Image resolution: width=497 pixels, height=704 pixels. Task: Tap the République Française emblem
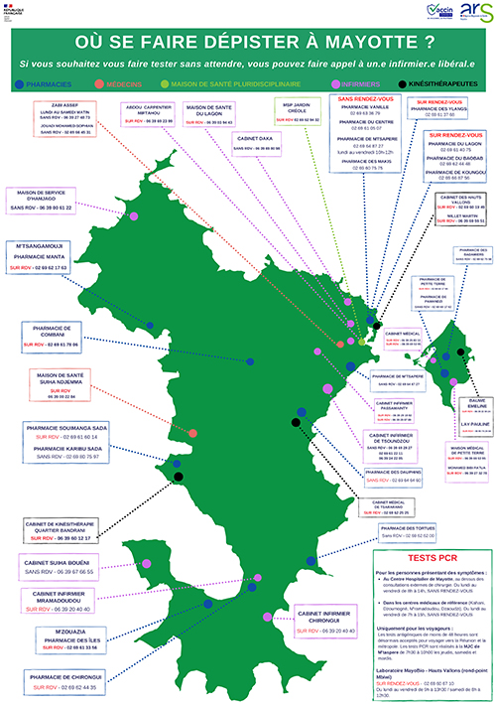point(18,14)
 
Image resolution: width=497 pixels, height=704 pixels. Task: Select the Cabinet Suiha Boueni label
point(59,569)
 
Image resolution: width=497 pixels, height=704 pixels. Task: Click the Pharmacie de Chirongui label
point(58,679)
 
